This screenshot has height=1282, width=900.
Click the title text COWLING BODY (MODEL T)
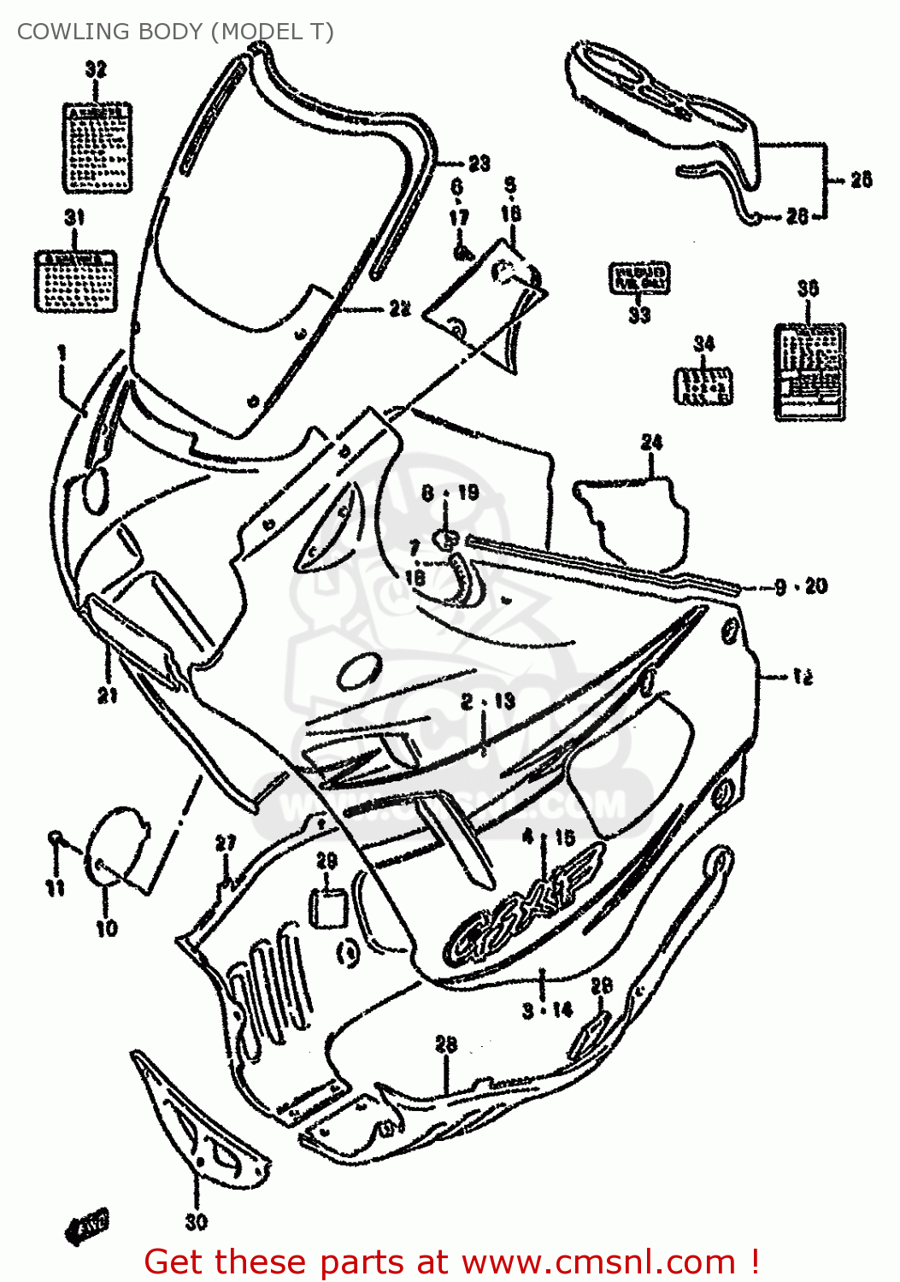point(175,32)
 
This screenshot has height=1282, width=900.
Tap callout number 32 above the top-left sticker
point(96,69)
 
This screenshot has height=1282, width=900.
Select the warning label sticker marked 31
point(75,281)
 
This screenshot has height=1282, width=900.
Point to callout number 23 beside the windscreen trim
point(479,162)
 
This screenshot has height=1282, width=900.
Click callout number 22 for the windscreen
point(400,309)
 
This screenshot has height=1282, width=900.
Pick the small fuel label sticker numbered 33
point(638,279)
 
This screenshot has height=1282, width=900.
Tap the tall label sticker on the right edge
point(809,372)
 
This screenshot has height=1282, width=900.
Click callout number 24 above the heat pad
point(651,442)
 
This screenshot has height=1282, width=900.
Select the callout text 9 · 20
point(801,586)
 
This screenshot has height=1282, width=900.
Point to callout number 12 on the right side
point(802,677)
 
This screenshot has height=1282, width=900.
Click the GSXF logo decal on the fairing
point(521,906)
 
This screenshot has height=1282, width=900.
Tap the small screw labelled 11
point(55,838)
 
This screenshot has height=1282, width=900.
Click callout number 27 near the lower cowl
point(225,844)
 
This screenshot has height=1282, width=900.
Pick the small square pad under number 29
point(326,907)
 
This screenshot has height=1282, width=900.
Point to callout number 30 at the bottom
point(196,1222)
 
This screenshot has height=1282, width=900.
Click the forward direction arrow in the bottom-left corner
point(87,1226)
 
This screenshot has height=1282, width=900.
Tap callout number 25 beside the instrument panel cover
point(861,179)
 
